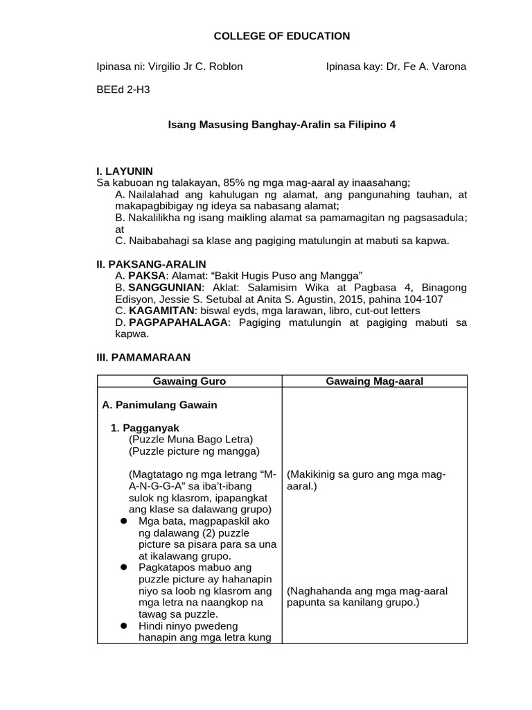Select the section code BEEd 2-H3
[123, 89]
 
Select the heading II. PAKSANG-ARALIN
[150, 263]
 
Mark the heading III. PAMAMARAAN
[142, 356]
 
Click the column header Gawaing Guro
[189, 381]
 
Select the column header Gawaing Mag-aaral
[374, 381]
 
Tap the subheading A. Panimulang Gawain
[159, 405]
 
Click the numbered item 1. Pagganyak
[145, 428]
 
